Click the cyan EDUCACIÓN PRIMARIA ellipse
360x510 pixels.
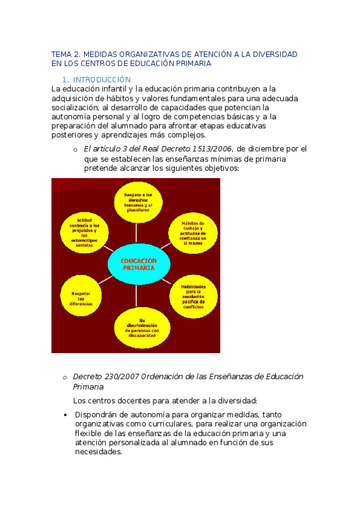point(138,265)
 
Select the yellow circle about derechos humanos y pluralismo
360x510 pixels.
point(138,203)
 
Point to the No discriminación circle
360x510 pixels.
point(138,328)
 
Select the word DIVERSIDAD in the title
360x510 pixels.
point(275,54)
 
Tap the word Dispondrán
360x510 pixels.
point(95,414)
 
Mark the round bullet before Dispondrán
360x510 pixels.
point(65,415)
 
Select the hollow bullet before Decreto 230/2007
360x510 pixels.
point(64,378)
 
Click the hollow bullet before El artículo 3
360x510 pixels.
point(75,150)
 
